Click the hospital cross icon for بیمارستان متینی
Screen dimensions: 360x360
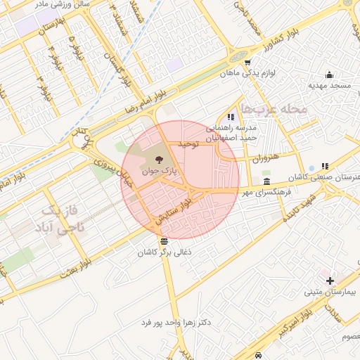(330, 280)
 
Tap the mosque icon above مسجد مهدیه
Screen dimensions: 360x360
(329, 75)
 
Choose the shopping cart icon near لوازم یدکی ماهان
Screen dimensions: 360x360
(247, 62)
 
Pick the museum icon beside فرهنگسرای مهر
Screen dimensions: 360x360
(266, 181)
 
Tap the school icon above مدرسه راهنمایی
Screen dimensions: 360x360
(231, 117)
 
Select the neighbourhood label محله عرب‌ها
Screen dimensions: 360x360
(274, 108)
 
